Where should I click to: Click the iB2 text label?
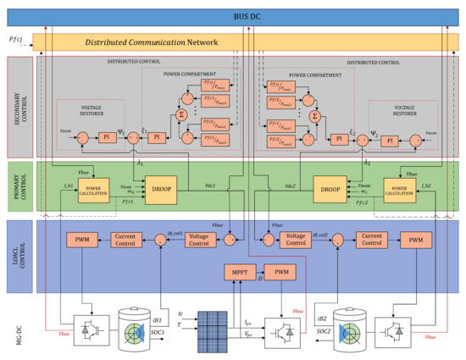point(320,318)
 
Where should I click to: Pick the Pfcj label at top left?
point(15,39)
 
